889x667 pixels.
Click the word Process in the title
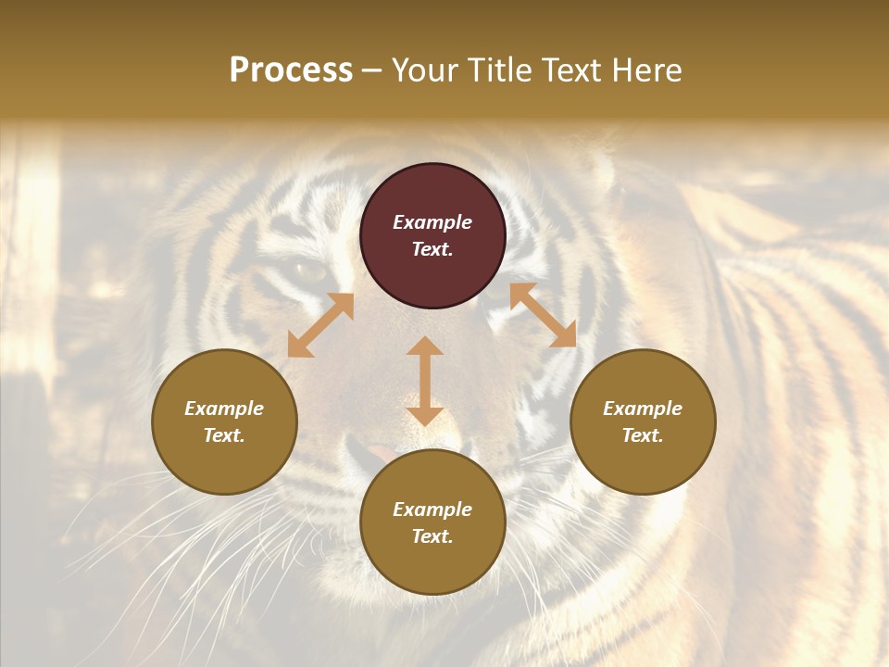coord(291,70)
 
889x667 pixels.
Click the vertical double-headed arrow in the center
coord(425,381)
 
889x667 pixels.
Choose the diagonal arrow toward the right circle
coord(543,315)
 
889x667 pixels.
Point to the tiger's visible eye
coord(310,271)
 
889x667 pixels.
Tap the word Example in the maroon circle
coord(432,222)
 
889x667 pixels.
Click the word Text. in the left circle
coord(224,435)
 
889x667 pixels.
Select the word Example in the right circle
coord(643,409)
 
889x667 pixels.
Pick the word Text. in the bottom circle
coord(432,536)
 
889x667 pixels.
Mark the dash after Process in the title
coord(372,71)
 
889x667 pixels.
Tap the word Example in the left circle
coord(224,409)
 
